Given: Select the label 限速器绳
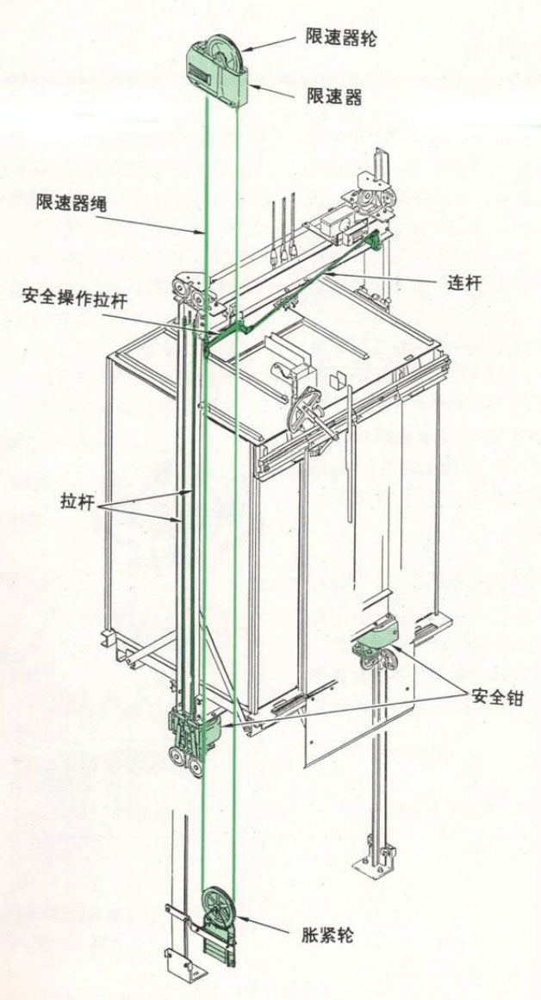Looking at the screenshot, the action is [x=72, y=205].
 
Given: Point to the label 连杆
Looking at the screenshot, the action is [x=463, y=283].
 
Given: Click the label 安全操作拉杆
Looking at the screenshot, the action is [x=74, y=296].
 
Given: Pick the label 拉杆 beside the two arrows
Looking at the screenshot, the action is [x=78, y=502].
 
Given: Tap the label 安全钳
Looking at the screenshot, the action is [x=498, y=698].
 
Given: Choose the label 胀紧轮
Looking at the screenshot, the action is [x=326, y=936].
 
